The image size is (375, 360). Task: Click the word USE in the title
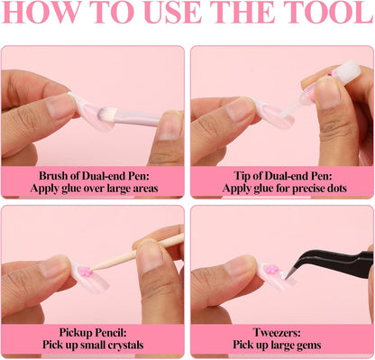pos(173,12)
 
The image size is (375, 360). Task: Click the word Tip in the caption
pos(242,176)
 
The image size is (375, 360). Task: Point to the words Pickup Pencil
pos(93,332)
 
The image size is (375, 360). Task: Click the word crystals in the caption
pos(125,345)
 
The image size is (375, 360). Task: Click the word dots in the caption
pos(337,189)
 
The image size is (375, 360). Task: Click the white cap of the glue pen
pos(351,70)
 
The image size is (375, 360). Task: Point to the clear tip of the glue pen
pos(288,108)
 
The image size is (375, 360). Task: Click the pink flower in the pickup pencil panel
pos(86,272)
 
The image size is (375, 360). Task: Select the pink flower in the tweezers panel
pos(272,269)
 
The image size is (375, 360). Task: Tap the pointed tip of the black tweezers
pos(287,278)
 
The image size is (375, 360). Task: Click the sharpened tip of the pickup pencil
pos(92,269)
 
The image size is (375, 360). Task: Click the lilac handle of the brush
pos(137,119)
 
